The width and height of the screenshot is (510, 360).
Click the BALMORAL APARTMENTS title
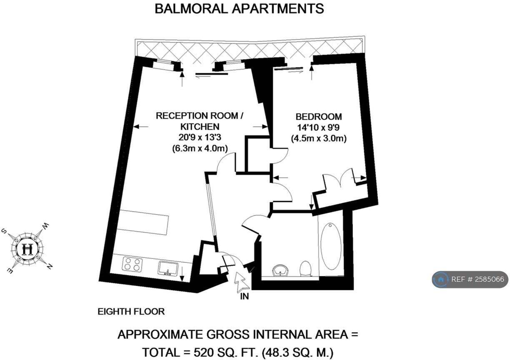239,9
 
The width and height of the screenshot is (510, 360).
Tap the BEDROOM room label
318,117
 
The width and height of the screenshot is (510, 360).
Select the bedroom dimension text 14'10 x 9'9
318,127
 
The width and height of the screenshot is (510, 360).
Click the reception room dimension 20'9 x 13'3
200,137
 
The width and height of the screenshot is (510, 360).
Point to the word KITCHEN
200,127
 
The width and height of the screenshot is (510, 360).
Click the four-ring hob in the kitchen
132,264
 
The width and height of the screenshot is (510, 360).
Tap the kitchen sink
168,269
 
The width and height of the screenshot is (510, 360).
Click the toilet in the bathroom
305,269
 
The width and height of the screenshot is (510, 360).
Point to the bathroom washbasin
280,271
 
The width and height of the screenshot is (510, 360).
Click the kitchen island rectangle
143,222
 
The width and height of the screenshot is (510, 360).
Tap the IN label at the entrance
245,296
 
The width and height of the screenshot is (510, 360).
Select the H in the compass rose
27,249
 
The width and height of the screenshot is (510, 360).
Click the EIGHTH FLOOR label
131,312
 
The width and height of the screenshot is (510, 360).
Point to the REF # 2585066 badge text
477,279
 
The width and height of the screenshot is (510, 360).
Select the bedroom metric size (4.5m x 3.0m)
319,138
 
